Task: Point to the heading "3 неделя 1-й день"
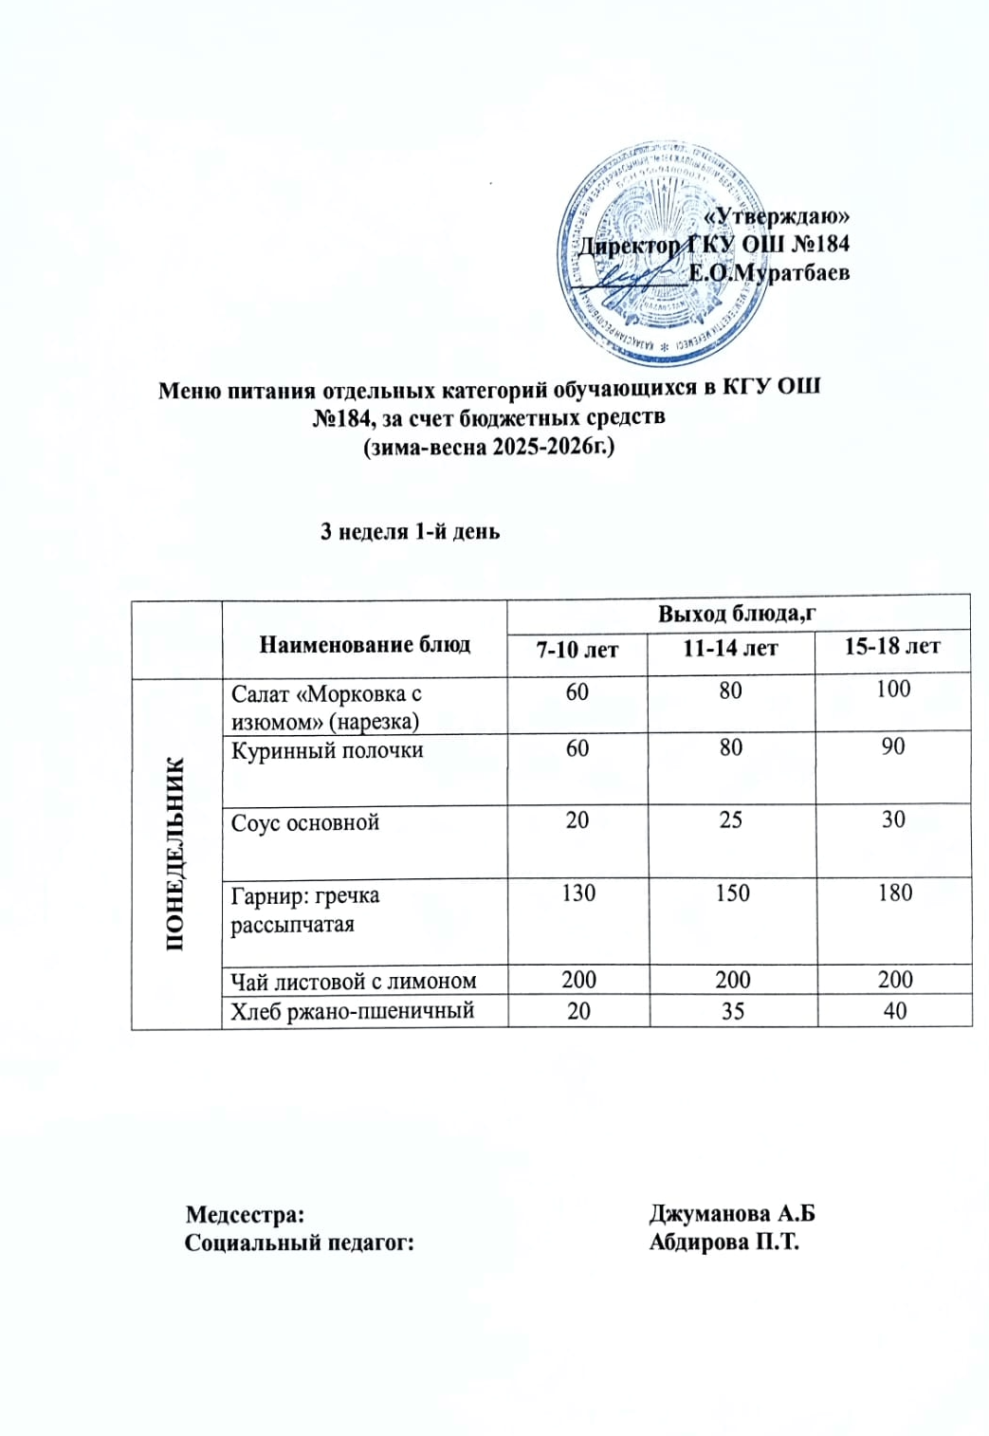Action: tap(410, 532)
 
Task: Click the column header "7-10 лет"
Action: tap(577, 650)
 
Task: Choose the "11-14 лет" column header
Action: tap(730, 649)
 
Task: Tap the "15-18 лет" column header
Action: tap(892, 648)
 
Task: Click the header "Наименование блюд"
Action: tap(365, 645)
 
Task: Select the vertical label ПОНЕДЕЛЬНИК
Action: tap(176, 854)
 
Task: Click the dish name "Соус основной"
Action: tap(305, 822)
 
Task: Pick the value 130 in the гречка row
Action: tap(578, 893)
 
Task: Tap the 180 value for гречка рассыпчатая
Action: tap(894, 893)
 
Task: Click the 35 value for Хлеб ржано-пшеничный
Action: tap(732, 1011)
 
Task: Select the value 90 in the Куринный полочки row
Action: tap(893, 747)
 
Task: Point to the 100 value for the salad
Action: tap(893, 690)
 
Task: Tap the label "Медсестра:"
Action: tap(246, 1215)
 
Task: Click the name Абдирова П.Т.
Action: tap(724, 1243)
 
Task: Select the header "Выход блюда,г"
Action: tap(738, 614)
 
